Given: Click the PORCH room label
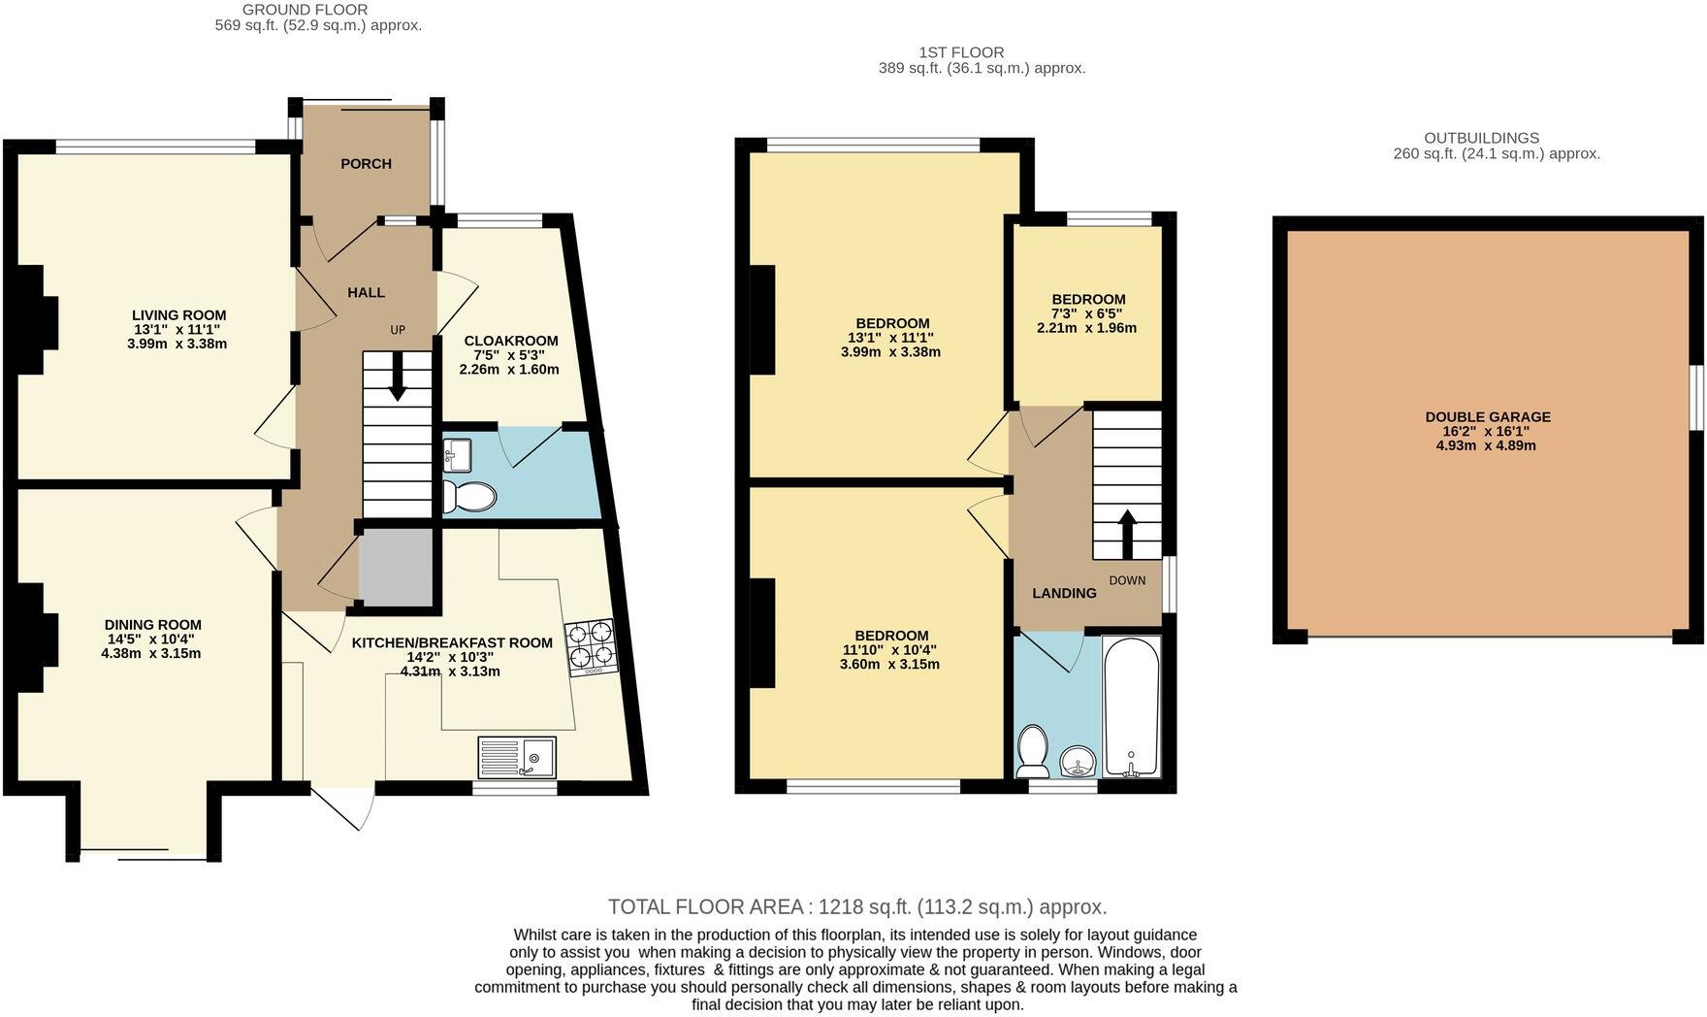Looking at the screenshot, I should coord(366,164).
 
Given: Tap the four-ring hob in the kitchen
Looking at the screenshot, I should coord(591,647).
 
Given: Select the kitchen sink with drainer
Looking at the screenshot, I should coord(518,757).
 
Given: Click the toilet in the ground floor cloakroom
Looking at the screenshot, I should coord(469,498).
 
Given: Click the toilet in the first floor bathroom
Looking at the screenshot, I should coord(1032,753).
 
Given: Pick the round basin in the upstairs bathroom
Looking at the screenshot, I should coord(1078,763).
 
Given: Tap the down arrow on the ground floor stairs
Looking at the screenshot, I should coord(398,377).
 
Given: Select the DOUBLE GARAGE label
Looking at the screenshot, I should coord(1487,417).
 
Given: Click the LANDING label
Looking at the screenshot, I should coord(1064,593).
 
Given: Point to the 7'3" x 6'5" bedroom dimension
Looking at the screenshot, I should coord(1086,313).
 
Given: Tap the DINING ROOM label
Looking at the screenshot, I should coord(153,625).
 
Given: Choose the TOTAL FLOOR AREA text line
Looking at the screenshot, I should coord(856,907).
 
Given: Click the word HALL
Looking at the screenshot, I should coord(366,292).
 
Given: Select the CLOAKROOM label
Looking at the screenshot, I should coord(510,341).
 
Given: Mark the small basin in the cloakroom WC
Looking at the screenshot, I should coord(457,453).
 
